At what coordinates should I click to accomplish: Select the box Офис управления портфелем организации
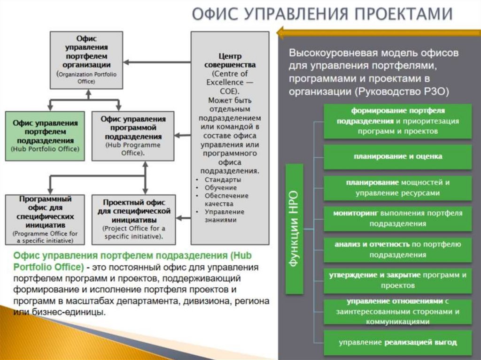tap(86, 60)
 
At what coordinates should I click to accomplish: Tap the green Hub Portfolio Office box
tap(45, 136)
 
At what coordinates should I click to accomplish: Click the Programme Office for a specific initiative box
tap(45, 220)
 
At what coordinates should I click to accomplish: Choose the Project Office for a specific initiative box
tap(134, 220)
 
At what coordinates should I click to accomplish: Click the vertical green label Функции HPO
tap(295, 229)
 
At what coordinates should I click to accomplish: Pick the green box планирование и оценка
tap(398, 156)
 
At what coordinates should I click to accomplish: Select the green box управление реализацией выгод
tap(398, 342)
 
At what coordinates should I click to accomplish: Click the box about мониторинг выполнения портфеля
tap(398, 218)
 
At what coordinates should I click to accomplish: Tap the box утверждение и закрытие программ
tap(398, 280)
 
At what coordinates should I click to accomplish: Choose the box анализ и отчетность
tap(398, 249)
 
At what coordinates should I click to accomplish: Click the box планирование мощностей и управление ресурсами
tap(398, 187)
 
